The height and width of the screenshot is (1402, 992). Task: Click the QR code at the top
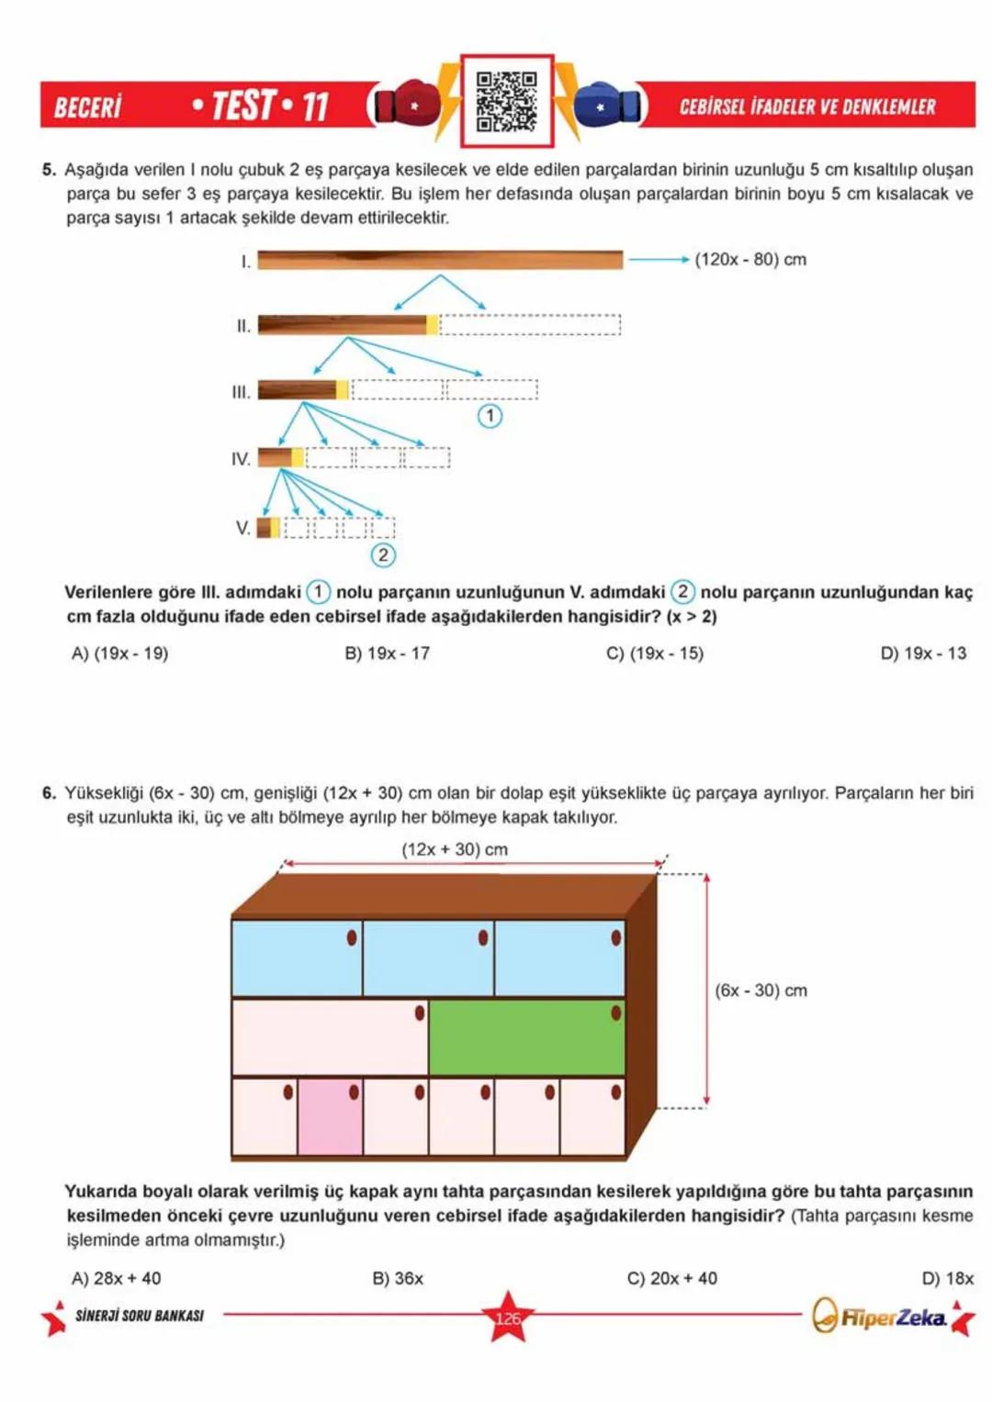tap(506, 101)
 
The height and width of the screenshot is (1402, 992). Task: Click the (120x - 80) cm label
tap(750, 260)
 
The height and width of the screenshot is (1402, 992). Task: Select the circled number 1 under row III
tap(490, 416)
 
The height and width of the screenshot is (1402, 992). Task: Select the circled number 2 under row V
tap(383, 555)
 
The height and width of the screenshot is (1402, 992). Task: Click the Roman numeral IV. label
tap(241, 459)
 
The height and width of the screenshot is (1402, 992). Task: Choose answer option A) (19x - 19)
tap(120, 654)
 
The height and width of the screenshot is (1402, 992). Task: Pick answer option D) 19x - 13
tap(922, 654)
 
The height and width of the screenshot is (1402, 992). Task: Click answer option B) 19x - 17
tap(387, 654)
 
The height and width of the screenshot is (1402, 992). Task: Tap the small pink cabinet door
tap(330, 1116)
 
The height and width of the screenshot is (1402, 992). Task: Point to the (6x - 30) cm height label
tap(761, 991)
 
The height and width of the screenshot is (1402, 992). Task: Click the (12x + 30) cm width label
tap(455, 849)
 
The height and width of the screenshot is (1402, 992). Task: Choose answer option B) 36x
tap(398, 1278)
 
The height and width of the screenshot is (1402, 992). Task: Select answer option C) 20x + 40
tap(671, 1278)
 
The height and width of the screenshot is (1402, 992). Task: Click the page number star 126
tap(507, 1318)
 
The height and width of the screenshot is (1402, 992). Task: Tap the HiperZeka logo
tap(880, 1318)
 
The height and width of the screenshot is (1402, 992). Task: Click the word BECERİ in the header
tap(88, 107)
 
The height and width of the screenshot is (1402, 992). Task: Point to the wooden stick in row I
tap(439, 261)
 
